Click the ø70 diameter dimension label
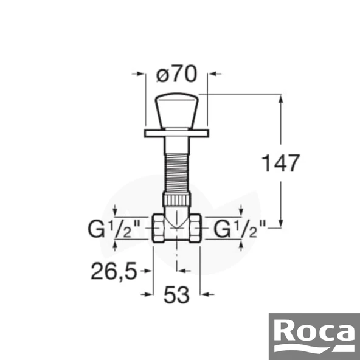click(176, 75)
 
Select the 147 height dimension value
click(280, 162)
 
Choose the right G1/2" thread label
click(240, 230)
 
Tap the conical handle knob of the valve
click(176, 111)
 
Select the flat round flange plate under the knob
click(176, 132)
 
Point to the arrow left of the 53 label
click(146, 294)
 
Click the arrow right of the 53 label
click(207, 294)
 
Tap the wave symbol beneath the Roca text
click(314, 348)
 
